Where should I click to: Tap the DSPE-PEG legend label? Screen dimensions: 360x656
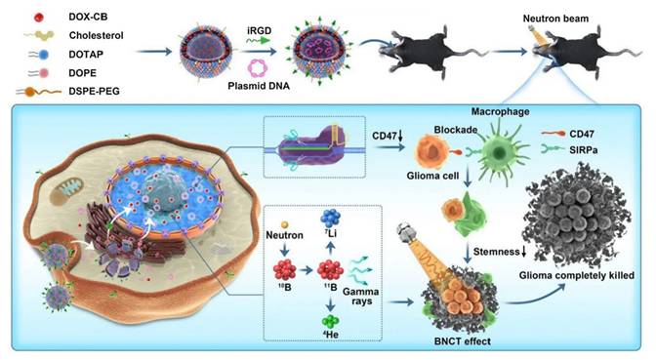click(80, 90)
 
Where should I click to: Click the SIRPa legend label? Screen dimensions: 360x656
click(604, 149)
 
